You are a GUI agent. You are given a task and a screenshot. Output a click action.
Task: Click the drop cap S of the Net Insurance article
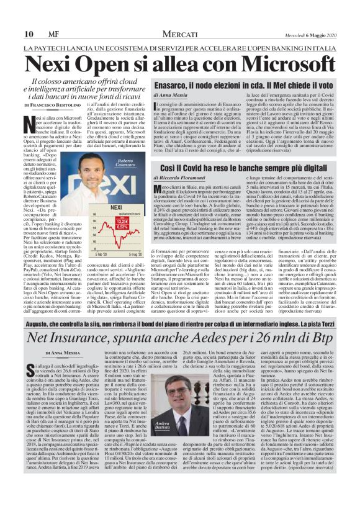pos(29,370)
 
